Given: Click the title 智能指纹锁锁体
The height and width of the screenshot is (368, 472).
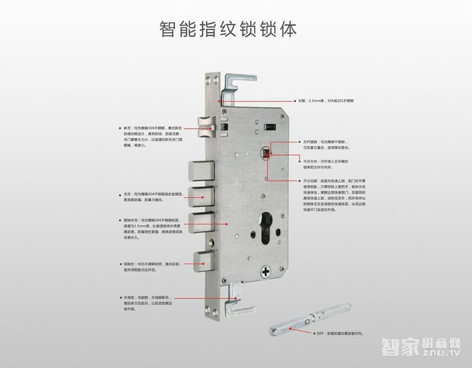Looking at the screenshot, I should coord(227,28).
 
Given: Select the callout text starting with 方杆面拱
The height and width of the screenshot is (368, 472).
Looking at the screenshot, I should coord(327,144).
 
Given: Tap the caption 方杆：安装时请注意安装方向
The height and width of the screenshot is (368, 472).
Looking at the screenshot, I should coord(342,334).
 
